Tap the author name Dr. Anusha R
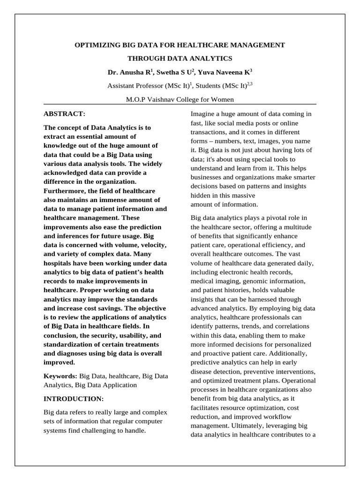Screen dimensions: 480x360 [128, 73]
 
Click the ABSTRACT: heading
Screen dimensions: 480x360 [64, 114]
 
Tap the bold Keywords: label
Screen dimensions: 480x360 [60, 376]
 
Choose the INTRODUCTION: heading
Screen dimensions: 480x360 [73, 398]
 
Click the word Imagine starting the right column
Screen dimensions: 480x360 [204, 114]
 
